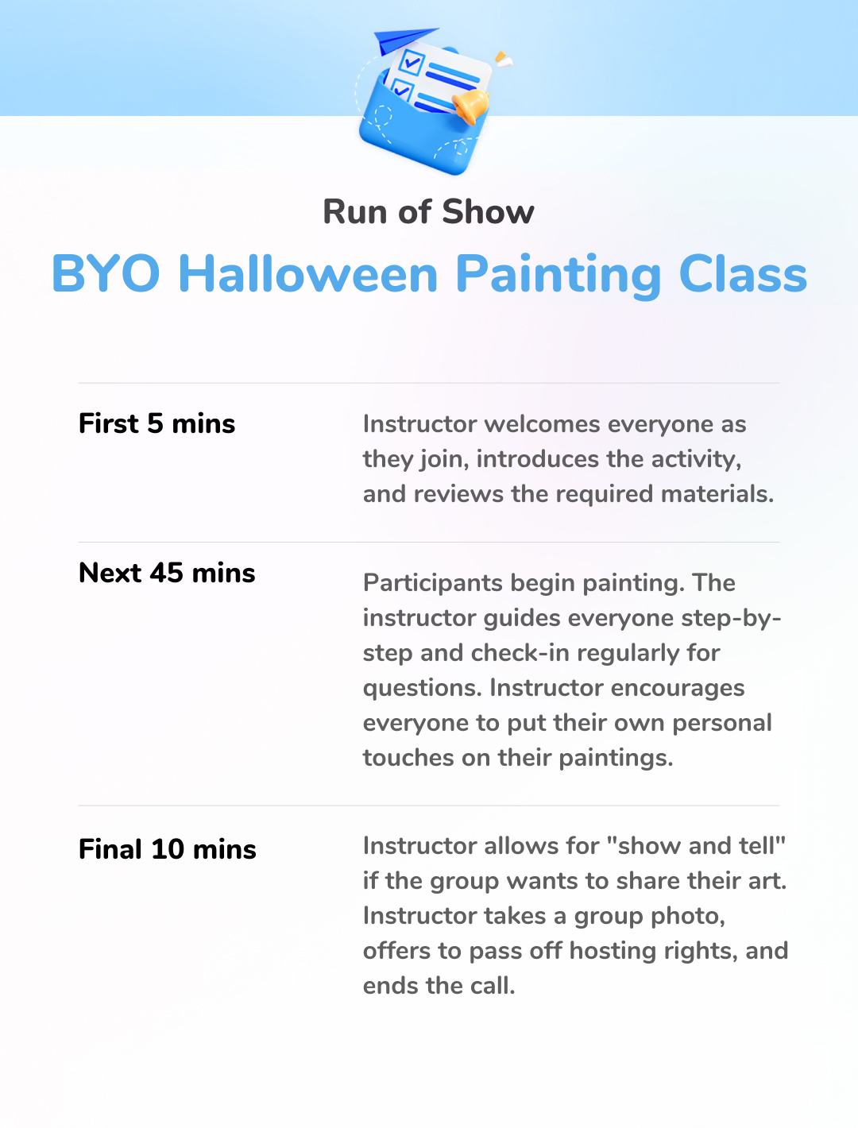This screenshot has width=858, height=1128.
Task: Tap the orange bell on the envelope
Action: [470, 106]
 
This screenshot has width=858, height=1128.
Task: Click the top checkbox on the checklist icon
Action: [412, 62]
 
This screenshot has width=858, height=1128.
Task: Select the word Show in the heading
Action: [488, 211]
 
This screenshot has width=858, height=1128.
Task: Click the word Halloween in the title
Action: [307, 274]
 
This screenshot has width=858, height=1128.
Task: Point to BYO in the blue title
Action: [106, 274]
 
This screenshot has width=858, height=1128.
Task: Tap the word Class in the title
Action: [742, 274]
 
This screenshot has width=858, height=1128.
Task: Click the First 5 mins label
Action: [157, 423]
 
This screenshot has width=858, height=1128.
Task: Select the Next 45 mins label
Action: [167, 573]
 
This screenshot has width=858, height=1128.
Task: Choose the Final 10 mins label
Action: [168, 849]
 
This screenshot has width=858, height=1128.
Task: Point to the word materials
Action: [717, 494]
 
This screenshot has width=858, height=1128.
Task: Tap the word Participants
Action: [433, 583]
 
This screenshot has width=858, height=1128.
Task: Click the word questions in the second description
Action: [423, 689]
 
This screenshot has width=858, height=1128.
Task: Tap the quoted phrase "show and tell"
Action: [696, 846]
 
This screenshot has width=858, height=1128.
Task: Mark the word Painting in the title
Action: [558, 275]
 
